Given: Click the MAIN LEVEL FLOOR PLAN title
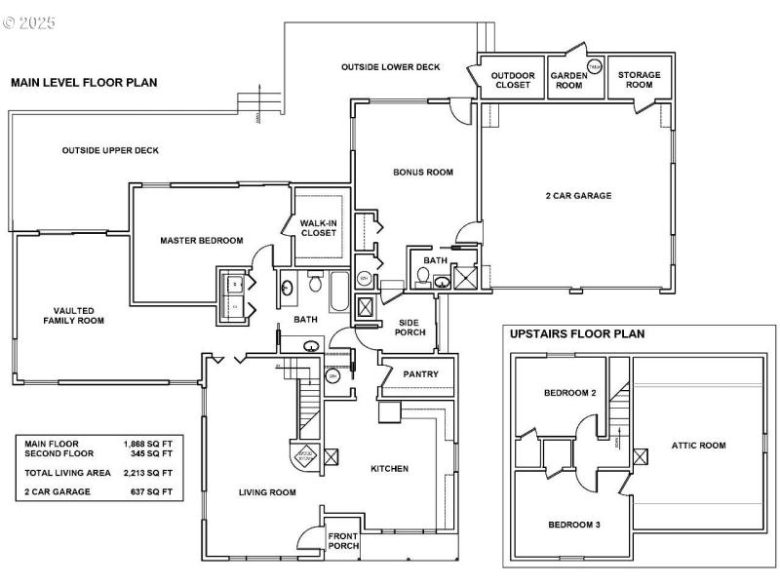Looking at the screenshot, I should (83, 83).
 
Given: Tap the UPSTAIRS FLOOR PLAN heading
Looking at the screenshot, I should (577, 333).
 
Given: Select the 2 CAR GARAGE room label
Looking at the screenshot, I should (578, 195).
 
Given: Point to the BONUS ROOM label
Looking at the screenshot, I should (423, 173).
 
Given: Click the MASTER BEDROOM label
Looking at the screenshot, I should (202, 240).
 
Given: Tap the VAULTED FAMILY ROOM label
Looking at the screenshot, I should (73, 315).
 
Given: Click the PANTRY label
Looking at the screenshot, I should (420, 374).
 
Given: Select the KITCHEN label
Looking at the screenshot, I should (389, 469).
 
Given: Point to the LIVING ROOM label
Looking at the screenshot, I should (267, 492).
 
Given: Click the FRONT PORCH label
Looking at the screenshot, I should (342, 540).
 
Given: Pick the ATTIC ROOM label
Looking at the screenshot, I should (698, 446).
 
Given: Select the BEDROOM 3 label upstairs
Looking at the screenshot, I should (573, 525).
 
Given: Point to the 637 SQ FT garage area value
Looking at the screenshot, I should (152, 491).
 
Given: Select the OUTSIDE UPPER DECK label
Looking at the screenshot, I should (110, 150).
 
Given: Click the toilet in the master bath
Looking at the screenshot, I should (315, 284).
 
